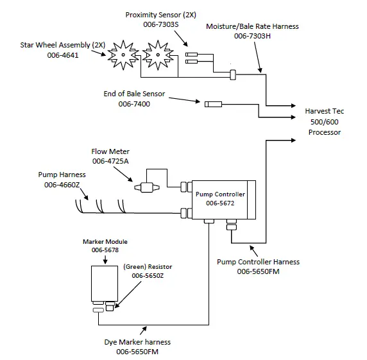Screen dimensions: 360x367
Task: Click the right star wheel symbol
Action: click(157, 55)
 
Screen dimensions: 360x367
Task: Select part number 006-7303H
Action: click(252, 36)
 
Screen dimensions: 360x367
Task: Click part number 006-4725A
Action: click(110, 160)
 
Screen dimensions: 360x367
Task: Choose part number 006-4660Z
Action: click(62, 185)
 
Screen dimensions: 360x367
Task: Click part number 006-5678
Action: click(101, 250)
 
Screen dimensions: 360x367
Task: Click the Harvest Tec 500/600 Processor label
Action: click(324, 121)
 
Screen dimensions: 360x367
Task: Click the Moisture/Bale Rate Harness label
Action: click(252, 26)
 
